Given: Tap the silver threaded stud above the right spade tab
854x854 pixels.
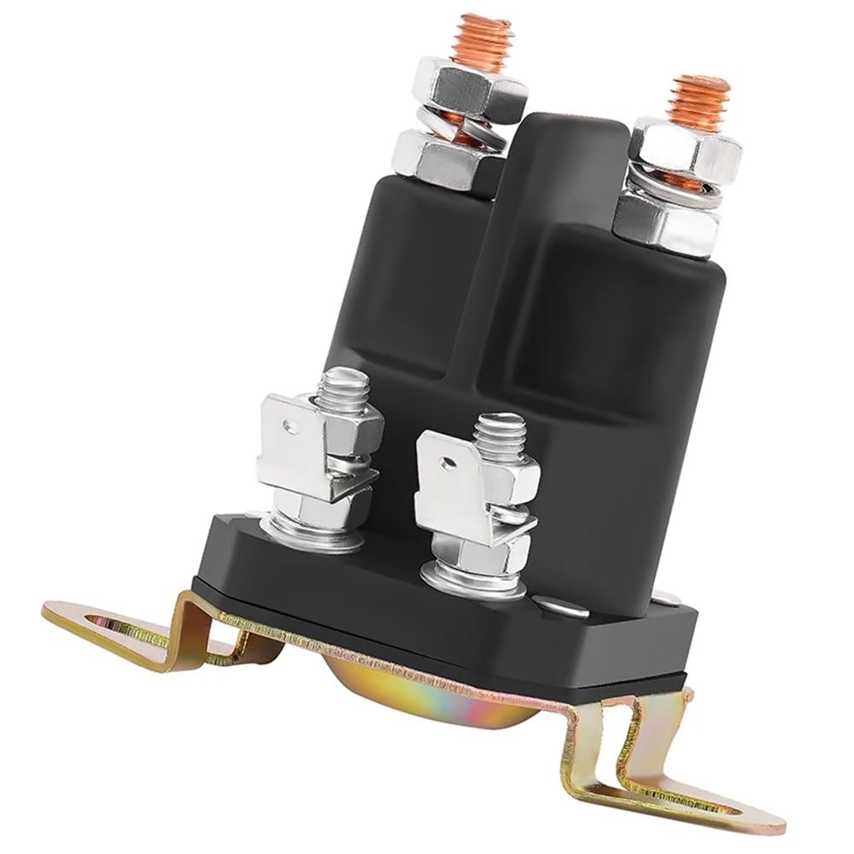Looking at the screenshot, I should pos(497,436).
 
